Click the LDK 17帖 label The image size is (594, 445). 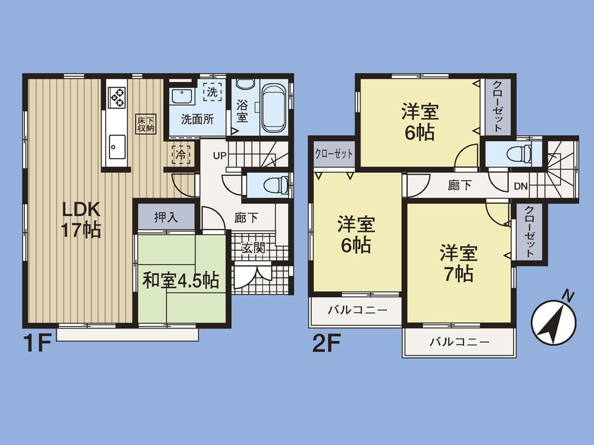tap(82, 219)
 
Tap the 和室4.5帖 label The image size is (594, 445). tap(181, 280)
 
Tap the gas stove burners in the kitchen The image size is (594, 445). tap(116, 97)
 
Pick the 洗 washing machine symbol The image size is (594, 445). tap(212, 92)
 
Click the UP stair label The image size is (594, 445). tap(220, 156)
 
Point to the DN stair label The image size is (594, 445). tap(520, 186)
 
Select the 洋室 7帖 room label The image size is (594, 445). tap(459, 263)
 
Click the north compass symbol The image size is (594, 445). tap(555, 320)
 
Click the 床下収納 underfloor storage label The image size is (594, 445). tap(145, 122)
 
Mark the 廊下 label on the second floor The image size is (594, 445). tap(460, 185)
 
